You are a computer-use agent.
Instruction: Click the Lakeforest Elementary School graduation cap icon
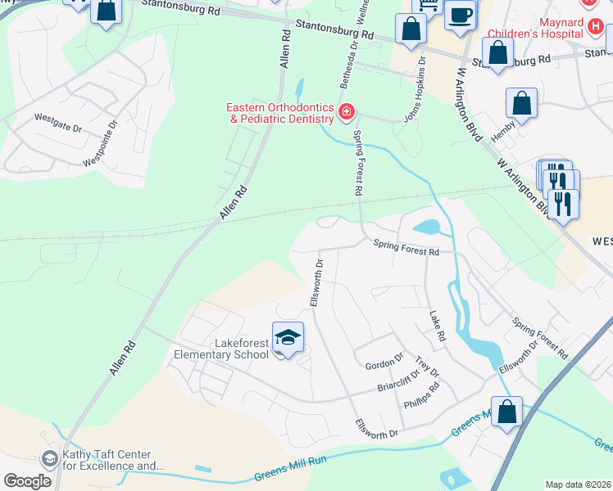point(288,336)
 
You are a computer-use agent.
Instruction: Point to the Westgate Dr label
point(58,123)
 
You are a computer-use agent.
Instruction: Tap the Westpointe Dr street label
point(102,144)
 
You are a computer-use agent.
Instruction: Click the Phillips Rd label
point(422,399)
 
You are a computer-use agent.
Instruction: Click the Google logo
point(27,480)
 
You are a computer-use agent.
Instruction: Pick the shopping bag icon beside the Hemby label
point(521,104)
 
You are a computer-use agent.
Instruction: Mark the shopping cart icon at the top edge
point(425,5)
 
